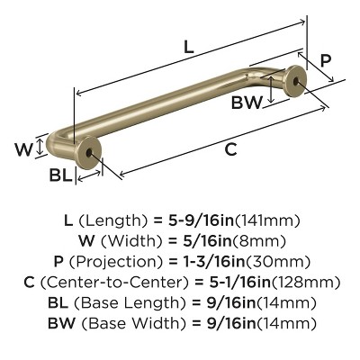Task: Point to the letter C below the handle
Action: pyautogui.click(x=231, y=149)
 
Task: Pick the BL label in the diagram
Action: pyautogui.click(x=59, y=175)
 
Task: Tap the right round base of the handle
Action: pyautogui.click(x=296, y=83)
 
